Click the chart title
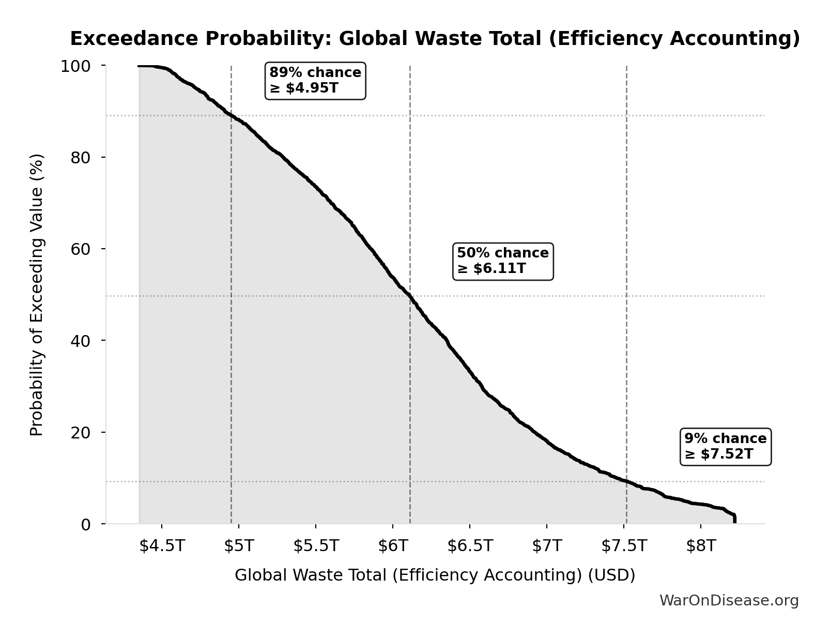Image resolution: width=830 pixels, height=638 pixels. click(435, 39)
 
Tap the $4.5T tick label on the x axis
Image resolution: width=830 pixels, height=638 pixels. click(162, 546)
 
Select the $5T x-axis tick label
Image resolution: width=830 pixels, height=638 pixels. click(239, 546)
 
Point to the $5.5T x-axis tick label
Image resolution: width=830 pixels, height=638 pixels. click(316, 546)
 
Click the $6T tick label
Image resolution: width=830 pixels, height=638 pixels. click(393, 546)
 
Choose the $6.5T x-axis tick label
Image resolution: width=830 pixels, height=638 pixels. click(470, 546)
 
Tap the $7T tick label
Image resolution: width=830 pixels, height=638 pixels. click(547, 546)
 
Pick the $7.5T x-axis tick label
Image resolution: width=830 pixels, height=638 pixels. click(624, 546)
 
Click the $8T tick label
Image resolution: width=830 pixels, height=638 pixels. click(701, 546)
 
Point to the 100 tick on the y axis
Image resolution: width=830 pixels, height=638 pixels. click(75, 66)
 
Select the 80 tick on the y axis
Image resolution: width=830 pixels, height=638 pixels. click(81, 157)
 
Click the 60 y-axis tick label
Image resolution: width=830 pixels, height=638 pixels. click(81, 249)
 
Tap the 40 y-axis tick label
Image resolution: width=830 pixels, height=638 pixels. click(81, 340)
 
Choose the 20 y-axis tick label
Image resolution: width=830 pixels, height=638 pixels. click(81, 432)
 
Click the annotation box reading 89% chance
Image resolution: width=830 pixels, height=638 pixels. click(315, 81)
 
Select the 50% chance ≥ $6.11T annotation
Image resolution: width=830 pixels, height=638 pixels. click(503, 261)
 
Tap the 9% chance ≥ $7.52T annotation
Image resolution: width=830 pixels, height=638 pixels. click(726, 446)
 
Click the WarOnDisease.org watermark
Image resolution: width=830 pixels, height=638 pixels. click(729, 600)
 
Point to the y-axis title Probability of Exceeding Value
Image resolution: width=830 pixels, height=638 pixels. click(37, 295)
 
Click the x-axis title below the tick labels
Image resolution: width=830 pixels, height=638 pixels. click(435, 575)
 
